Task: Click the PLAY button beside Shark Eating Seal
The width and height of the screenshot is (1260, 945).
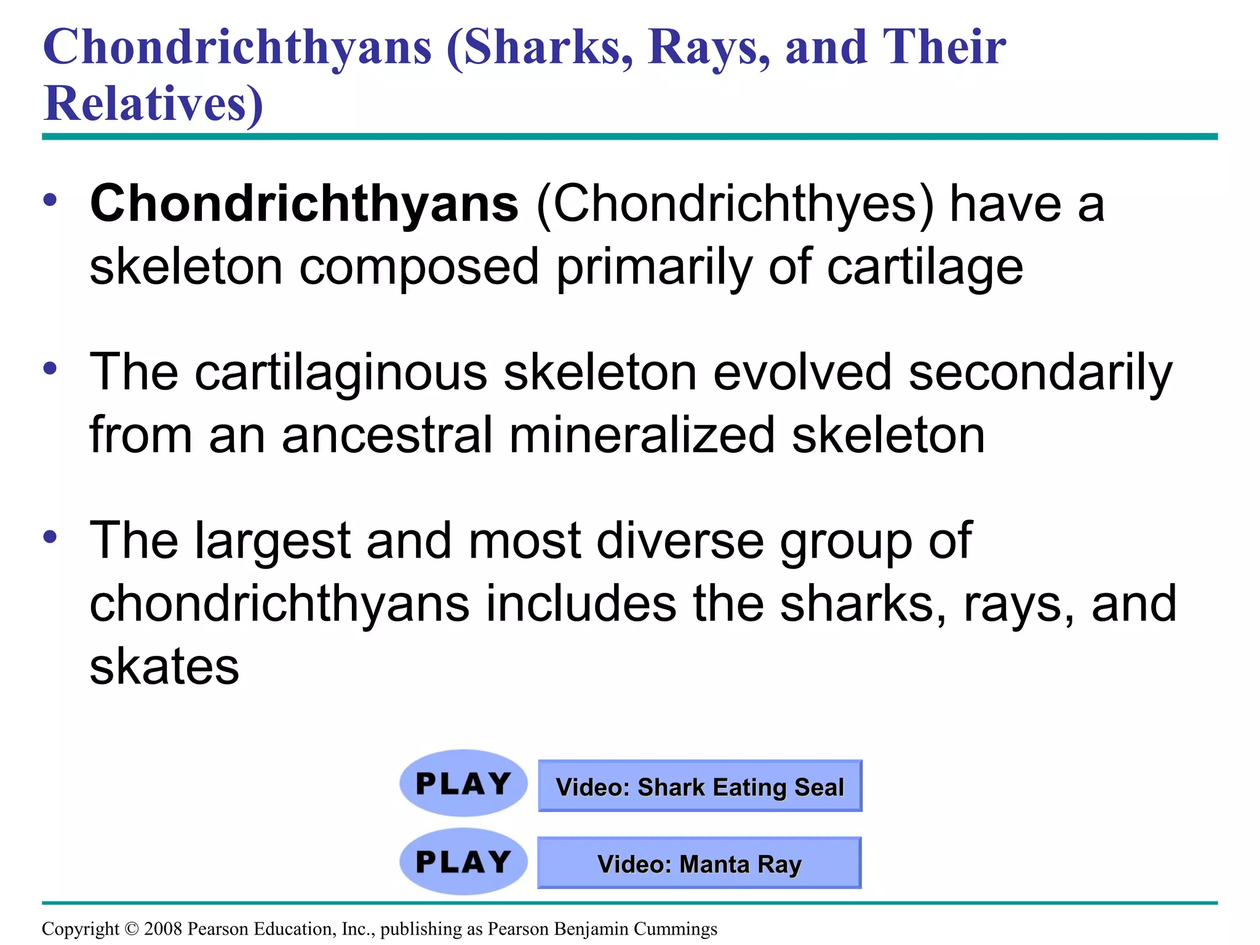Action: (x=463, y=783)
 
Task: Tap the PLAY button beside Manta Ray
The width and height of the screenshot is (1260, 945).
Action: (x=463, y=861)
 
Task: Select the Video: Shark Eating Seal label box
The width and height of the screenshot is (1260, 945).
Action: (x=700, y=786)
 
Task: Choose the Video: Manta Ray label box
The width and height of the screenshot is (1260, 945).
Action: (x=699, y=863)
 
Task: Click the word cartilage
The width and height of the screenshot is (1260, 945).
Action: (x=925, y=267)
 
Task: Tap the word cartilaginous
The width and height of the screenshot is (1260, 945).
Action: (x=341, y=372)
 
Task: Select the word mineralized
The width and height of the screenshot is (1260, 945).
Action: (x=642, y=436)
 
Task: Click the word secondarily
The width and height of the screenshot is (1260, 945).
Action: (x=1040, y=372)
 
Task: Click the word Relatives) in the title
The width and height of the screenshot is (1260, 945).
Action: (x=154, y=103)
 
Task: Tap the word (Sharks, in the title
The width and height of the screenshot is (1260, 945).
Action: (x=540, y=47)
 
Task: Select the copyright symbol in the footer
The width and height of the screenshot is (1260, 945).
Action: (x=132, y=928)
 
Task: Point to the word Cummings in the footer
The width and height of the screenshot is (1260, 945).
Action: (x=675, y=928)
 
